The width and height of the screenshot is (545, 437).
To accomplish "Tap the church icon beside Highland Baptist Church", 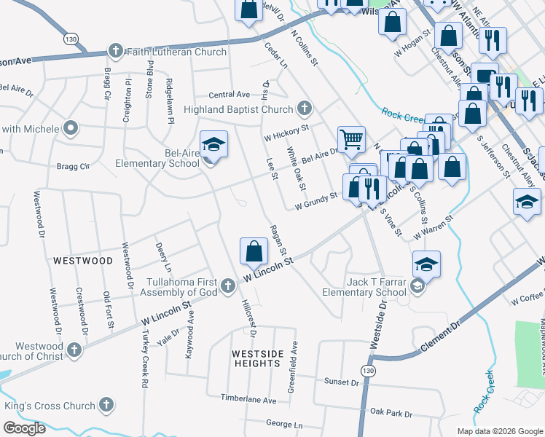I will click(305, 109).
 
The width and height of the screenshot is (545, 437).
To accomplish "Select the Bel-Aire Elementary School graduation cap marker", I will click(213, 145).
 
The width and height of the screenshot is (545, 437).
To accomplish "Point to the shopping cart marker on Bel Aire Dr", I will click(350, 138).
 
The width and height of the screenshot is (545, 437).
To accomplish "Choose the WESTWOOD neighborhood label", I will click(82, 260).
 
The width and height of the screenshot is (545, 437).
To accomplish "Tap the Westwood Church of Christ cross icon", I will click(73, 351).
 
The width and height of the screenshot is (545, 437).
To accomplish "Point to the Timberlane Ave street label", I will click(250, 400).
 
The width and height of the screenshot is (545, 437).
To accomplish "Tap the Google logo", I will click(24, 428).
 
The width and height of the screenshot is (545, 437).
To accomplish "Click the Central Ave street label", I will click(229, 95).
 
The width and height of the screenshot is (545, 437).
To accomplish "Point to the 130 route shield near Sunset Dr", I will click(370, 371).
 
